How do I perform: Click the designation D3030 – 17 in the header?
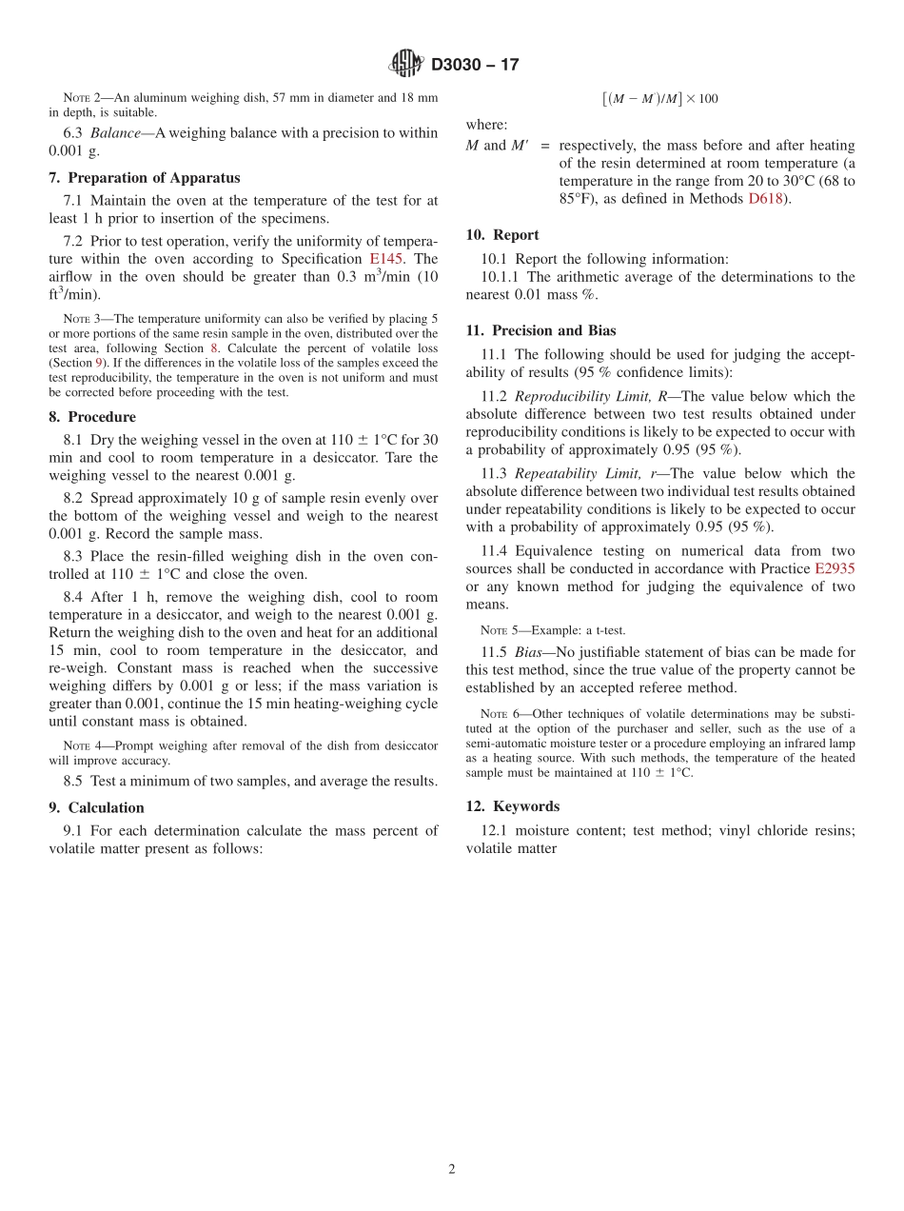pos(475,65)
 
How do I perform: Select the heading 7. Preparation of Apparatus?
pos(145,178)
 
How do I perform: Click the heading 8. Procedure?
pos(92,417)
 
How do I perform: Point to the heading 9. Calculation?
pos(97,807)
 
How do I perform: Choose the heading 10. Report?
pos(502,234)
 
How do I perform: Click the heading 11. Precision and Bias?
pos(540,330)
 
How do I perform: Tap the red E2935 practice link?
pos(835,568)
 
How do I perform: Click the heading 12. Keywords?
pos(513,805)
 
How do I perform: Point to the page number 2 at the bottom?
pos(452,1169)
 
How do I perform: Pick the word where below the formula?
pos(485,125)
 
